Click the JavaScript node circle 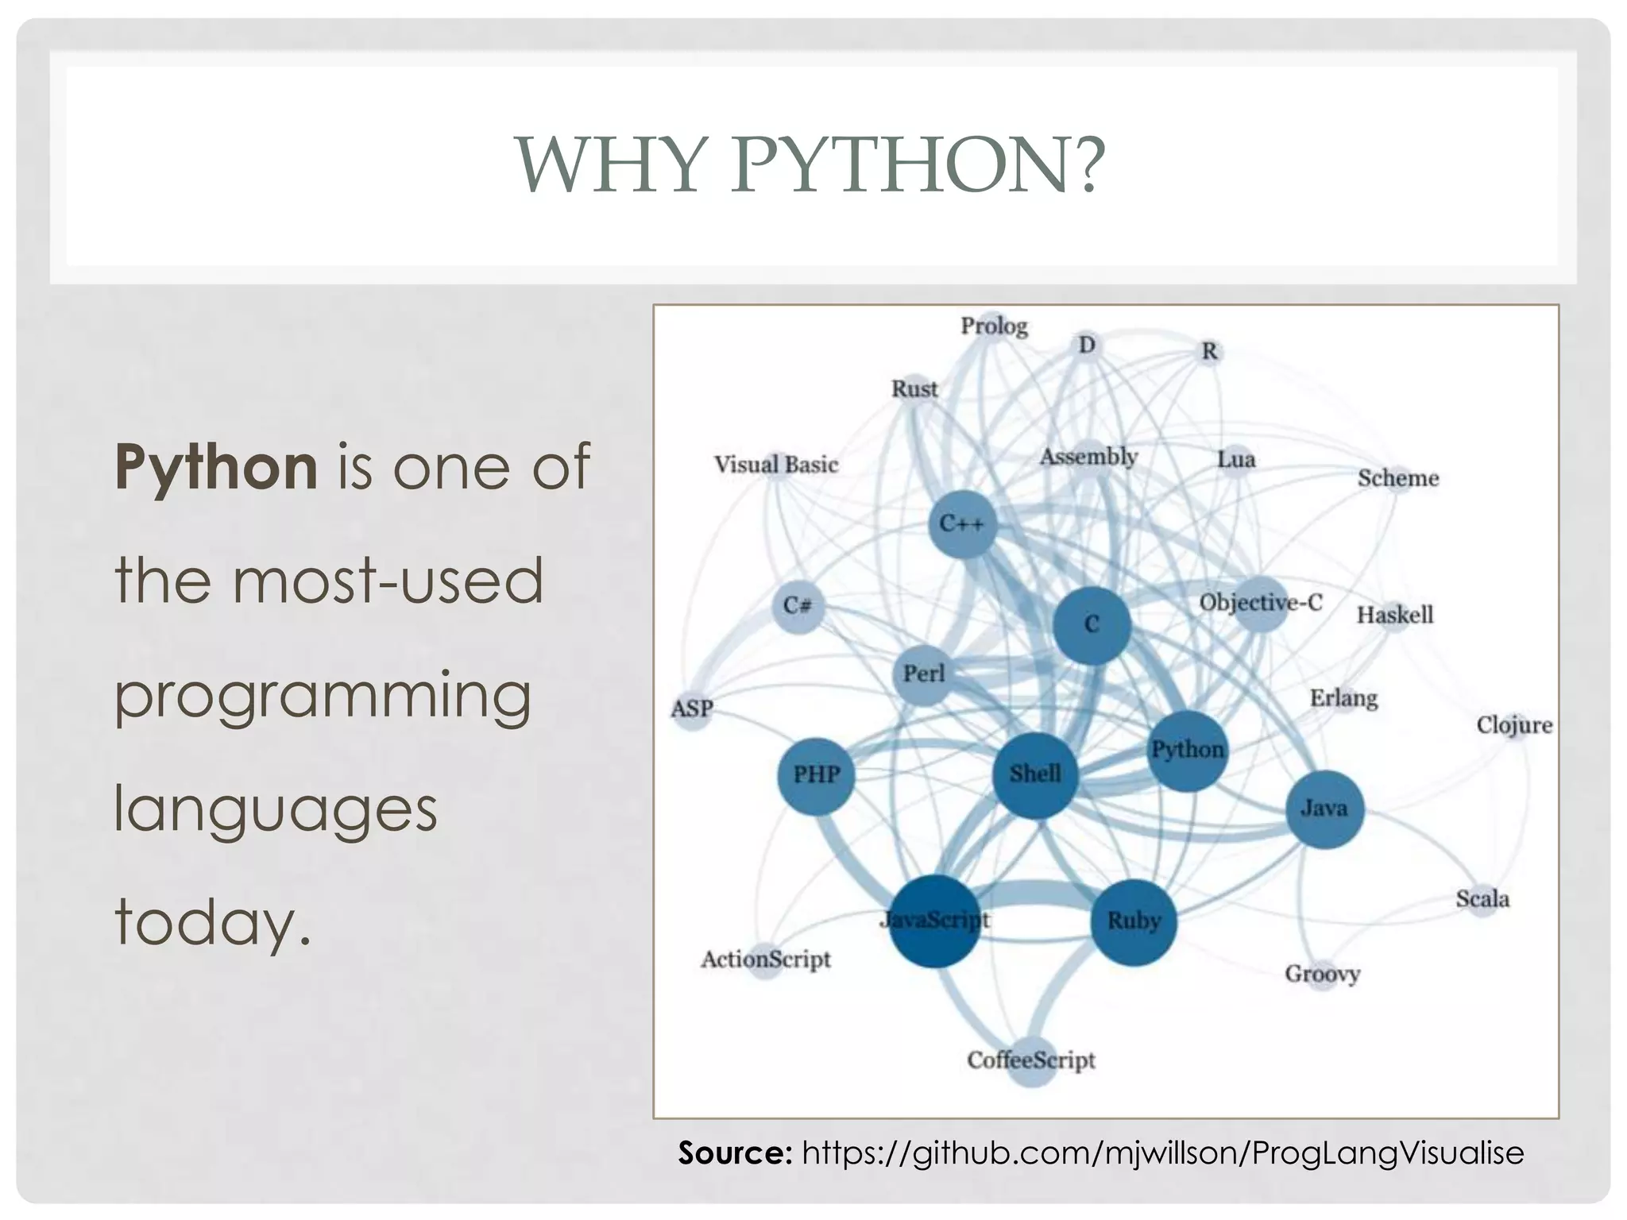[934, 921]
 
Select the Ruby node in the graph [1134, 922]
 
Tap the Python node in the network [1188, 751]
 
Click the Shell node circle [1035, 774]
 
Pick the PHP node [816, 775]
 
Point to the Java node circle [1324, 809]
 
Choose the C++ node [962, 524]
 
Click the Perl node [923, 675]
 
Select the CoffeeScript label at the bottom [1031, 1060]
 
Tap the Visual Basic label [776, 465]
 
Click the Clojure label [1514, 725]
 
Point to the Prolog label [994, 326]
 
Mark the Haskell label [1395, 615]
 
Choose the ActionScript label [766, 959]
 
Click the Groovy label [1323, 974]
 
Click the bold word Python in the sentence [216, 467]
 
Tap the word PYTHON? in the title [918, 165]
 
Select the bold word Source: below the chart [735, 1152]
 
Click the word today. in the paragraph [213, 921]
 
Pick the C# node [798, 606]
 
